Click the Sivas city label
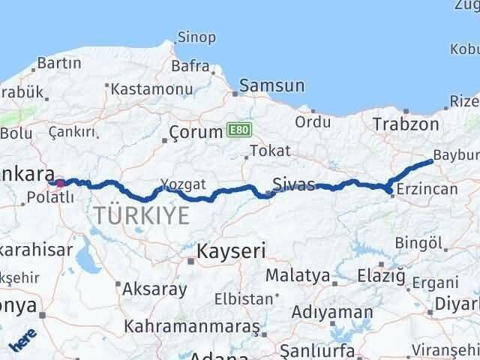coord(294,184)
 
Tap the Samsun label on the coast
coord(272,85)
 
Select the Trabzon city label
coord(405,124)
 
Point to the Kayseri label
coord(231,251)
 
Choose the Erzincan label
coord(427,189)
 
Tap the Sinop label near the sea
coord(196,37)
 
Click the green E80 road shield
coord(235,131)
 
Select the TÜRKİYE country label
coord(140,216)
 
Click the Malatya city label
coord(298,275)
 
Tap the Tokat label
coord(269,151)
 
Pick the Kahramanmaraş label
coord(191,327)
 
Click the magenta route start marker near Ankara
coord(60,182)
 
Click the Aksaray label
coord(154,287)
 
